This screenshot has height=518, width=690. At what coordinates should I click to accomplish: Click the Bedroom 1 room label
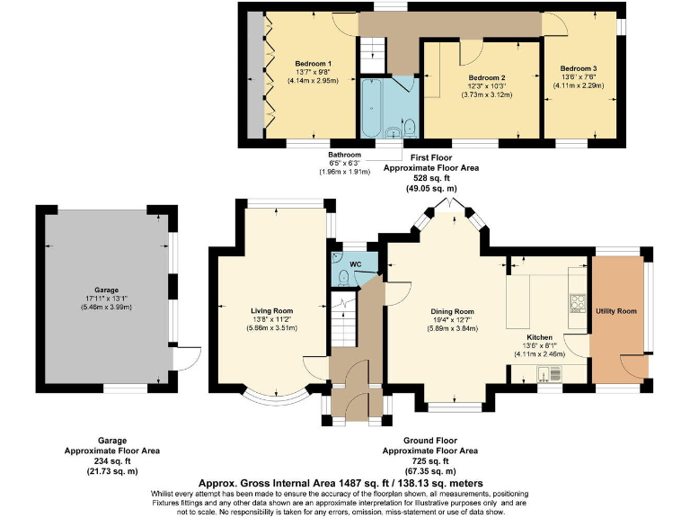(314, 63)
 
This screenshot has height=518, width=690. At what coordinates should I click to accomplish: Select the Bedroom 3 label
(579, 68)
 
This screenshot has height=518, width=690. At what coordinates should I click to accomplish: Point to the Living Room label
(273, 310)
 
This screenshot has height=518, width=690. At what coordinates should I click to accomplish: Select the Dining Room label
(452, 310)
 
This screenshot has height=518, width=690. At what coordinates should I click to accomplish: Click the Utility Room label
(616, 310)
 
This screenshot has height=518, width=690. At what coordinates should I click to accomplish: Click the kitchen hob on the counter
(579, 302)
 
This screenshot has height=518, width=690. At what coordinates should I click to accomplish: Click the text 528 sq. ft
(431, 179)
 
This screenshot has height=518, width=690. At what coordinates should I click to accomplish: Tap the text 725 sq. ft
(431, 460)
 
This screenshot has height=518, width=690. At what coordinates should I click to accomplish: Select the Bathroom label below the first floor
(344, 154)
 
